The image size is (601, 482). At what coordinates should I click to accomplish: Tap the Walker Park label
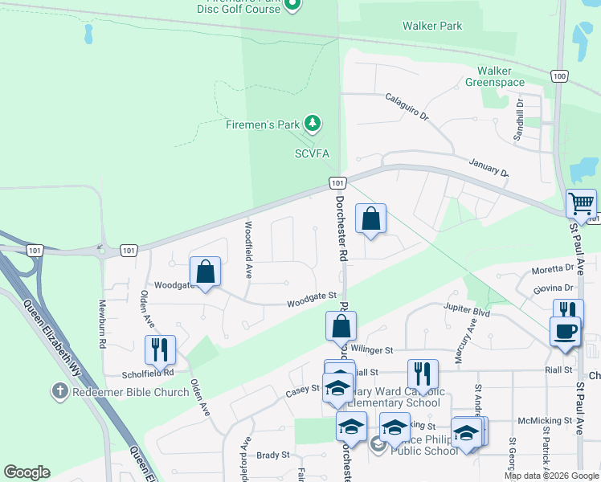(432, 26)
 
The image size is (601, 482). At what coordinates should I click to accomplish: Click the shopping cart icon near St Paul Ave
(581, 204)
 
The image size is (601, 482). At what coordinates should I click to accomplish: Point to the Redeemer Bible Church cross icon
(59, 391)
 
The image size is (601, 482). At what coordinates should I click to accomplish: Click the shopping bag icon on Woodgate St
(206, 272)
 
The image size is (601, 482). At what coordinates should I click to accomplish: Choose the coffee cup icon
(563, 331)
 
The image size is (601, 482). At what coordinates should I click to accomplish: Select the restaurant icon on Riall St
(423, 374)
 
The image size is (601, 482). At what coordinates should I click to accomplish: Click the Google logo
(27, 472)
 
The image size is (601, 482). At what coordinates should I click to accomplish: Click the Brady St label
(273, 455)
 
